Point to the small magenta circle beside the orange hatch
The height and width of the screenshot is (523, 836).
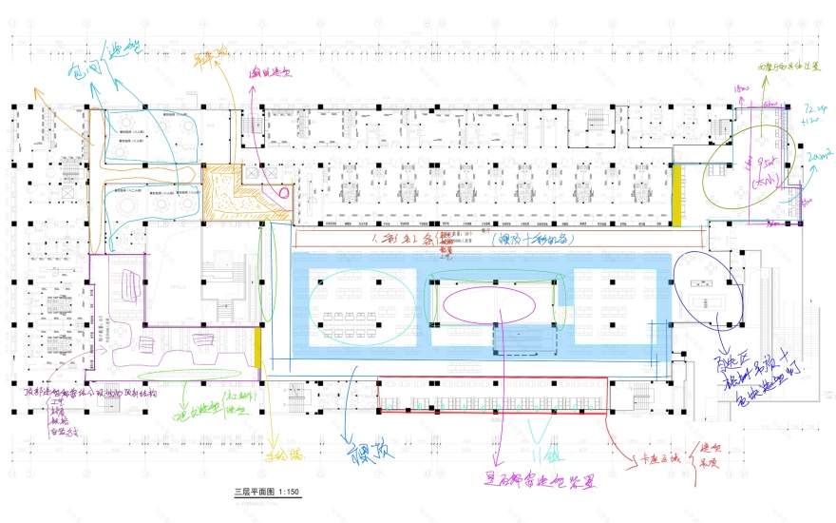(x=282, y=191)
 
